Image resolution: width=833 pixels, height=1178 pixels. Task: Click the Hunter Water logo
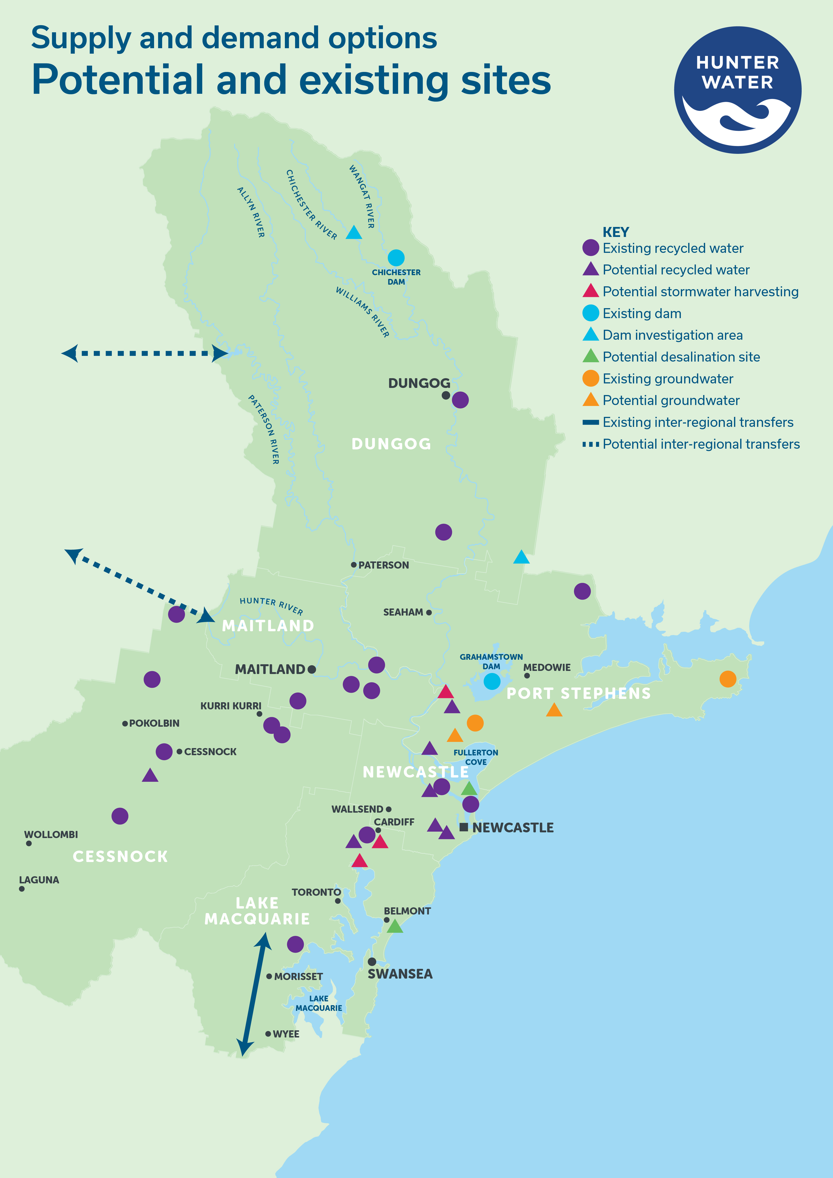[738, 90]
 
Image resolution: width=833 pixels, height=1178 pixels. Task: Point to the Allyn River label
[251, 212]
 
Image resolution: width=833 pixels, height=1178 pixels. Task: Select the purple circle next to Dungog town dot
[460, 400]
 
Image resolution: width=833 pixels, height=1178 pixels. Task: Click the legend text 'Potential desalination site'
[681, 357]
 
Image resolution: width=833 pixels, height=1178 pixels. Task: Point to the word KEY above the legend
[616, 232]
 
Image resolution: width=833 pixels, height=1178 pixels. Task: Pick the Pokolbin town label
[154, 723]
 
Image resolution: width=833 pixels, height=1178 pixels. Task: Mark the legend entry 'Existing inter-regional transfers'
[698, 422]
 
